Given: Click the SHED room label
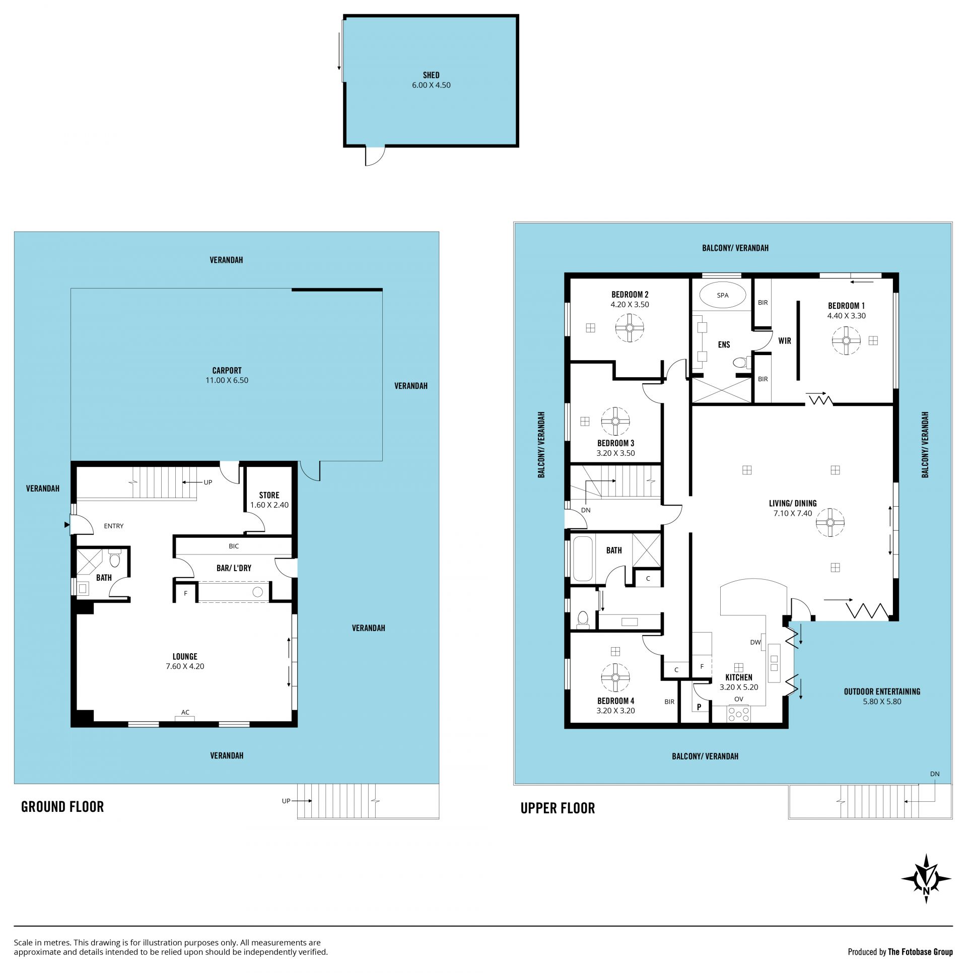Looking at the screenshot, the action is point(431,75).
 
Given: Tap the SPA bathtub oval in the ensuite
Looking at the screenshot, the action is point(722,295).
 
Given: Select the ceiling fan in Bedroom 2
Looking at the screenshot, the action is point(630,328).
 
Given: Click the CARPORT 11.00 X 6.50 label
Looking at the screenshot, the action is point(227,375).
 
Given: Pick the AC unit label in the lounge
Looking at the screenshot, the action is point(185,712).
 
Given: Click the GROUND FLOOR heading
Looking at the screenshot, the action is point(62,807).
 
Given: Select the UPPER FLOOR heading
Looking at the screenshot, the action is point(558,808).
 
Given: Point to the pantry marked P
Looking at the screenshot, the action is point(699,707).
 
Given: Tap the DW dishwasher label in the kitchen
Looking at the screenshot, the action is point(755,642).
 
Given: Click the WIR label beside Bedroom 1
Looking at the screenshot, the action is point(785,341).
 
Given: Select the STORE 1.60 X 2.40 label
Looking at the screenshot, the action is point(269,500).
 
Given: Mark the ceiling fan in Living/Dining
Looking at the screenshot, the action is point(830,522).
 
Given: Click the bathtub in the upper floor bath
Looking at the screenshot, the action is point(583,559).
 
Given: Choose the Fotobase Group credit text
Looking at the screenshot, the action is point(900,952).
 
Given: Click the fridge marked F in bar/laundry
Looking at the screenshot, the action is point(185,593).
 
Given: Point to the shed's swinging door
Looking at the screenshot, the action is point(375,156).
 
